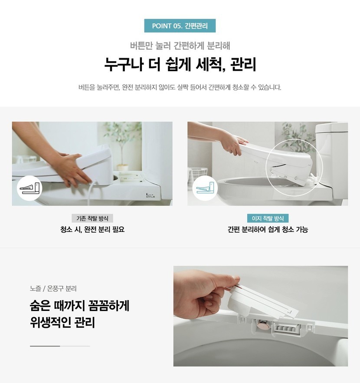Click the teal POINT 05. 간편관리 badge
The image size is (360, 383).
[180, 26]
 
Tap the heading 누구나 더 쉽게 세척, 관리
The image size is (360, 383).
[180, 64]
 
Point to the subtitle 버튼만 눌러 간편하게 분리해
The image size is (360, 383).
[180, 46]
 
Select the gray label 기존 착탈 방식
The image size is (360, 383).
[92, 218]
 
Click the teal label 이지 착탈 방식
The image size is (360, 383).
[268, 218]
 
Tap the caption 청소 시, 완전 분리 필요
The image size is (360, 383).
[92, 229]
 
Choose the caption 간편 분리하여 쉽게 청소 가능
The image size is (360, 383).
[268, 229]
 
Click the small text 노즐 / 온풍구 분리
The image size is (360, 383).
[53, 288]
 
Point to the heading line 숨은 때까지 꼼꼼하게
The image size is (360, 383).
[79, 306]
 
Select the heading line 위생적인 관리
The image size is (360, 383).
[62, 322]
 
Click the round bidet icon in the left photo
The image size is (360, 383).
[29, 188]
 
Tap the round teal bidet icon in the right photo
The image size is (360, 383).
[205, 188]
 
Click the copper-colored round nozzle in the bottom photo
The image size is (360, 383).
[263, 325]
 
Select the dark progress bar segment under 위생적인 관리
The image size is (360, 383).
[45, 346]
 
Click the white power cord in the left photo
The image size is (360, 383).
[91, 192]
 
